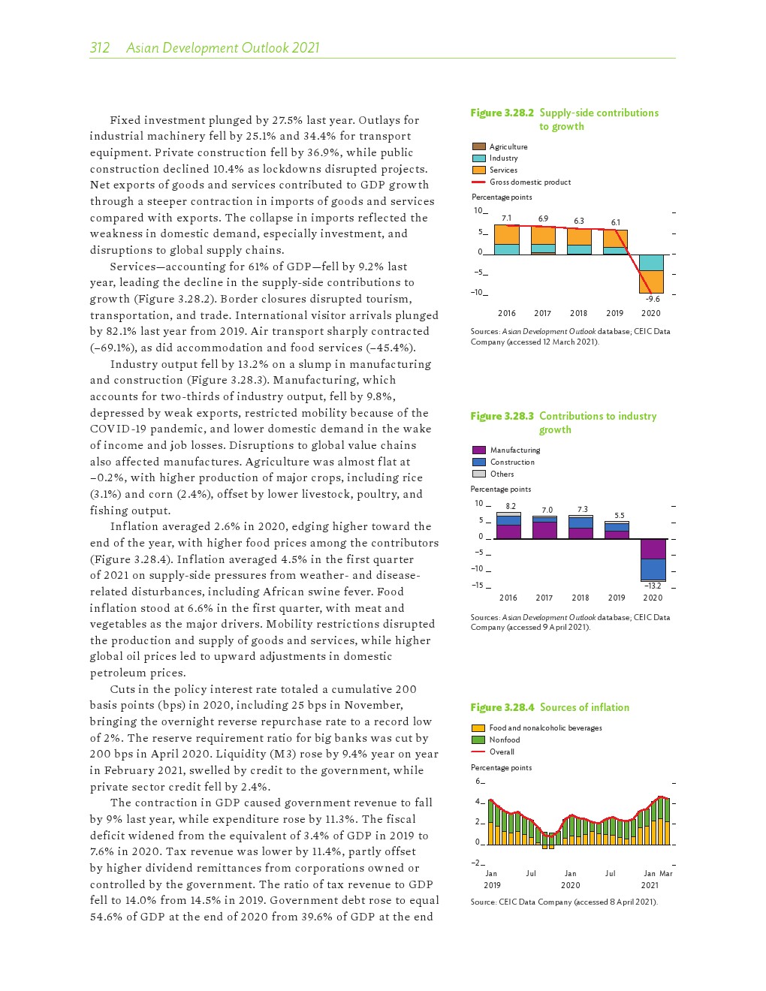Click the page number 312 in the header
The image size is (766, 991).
click(x=99, y=48)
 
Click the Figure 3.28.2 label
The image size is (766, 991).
click(x=502, y=113)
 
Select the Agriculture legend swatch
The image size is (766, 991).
click(x=478, y=146)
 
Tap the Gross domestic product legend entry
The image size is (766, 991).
click(x=529, y=182)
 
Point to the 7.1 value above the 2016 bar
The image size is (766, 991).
click(x=506, y=218)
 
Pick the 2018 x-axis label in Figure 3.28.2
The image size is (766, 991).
click(x=578, y=313)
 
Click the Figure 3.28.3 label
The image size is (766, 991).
click(x=502, y=416)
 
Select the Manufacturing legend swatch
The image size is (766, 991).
click(x=478, y=450)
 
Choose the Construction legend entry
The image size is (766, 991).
click(x=512, y=462)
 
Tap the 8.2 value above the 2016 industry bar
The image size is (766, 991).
click(x=511, y=507)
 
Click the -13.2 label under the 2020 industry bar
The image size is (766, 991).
click(x=653, y=586)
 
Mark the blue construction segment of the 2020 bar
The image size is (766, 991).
click(x=653, y=570)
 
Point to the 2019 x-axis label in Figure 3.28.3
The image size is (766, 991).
click(x=617, y=598)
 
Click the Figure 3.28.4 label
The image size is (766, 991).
click(x=502, y=707)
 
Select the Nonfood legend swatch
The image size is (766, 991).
click(x=478, y=739)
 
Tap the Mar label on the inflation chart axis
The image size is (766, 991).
click(x=665, y=873)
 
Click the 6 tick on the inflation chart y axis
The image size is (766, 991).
click(x=478, y=782)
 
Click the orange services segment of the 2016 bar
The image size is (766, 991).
click(x=507, y=235)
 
